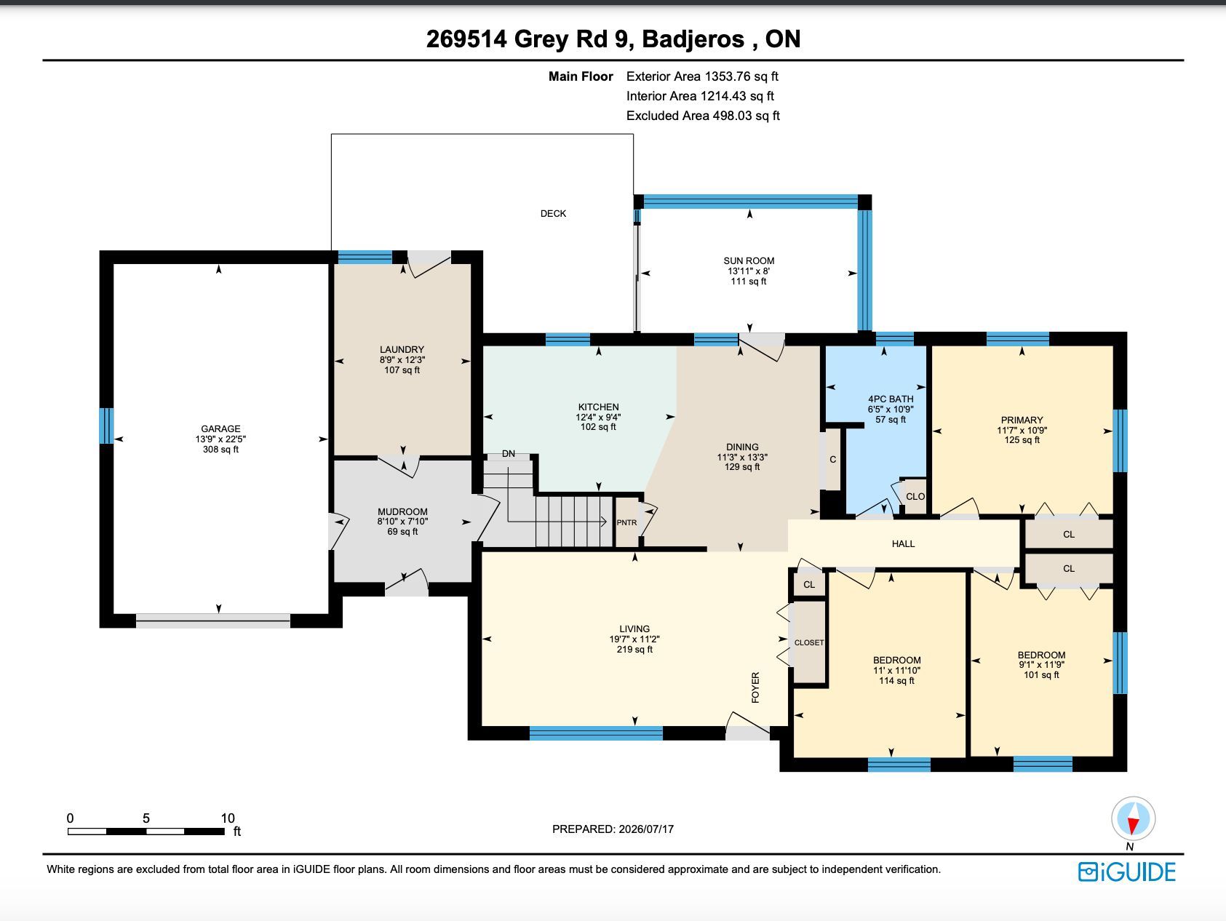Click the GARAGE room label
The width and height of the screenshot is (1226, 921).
(220, 428)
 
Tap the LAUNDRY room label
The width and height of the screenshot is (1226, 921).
(402, 349)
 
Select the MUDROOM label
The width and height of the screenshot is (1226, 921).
(402, 511)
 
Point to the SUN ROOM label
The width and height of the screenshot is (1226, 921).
(749, 260)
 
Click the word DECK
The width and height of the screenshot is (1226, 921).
(553, 213)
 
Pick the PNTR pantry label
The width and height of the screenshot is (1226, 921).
(626, 522)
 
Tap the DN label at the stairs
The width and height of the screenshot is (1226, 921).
(508, 453)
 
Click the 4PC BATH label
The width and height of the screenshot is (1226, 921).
(891, 399)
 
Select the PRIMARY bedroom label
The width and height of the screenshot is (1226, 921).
(1022, 420)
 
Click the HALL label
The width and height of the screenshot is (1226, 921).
(903, 543)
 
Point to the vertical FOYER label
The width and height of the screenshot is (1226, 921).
(755, 687)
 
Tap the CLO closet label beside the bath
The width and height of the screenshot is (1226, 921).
(915, 496)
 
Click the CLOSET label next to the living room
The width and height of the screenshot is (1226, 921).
(809, 642)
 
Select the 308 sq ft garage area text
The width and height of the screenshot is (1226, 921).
(220, 449)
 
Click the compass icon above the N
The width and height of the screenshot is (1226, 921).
(1133, 819)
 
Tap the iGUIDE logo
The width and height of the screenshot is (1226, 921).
(1126, 872)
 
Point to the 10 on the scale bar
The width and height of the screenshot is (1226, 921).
(228, 818)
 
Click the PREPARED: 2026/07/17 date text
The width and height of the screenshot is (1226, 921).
(613, 829)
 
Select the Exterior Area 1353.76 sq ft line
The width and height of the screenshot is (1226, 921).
(702, 76)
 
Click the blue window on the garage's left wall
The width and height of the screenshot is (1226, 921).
(106, 426)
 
